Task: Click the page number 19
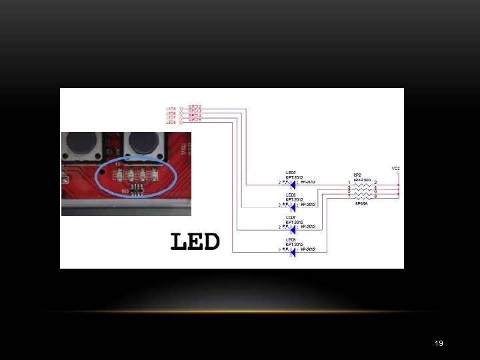(439, 343)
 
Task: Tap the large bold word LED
(195, 241)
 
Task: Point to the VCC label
(395, 167)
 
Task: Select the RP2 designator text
(357, 175)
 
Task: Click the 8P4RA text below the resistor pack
(361, 204)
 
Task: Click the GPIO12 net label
(195, 107)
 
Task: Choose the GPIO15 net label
(195, 121)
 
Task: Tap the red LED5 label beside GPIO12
(171, 109)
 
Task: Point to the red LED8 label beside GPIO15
(171, 123)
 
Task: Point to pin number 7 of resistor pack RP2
(349, 197)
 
